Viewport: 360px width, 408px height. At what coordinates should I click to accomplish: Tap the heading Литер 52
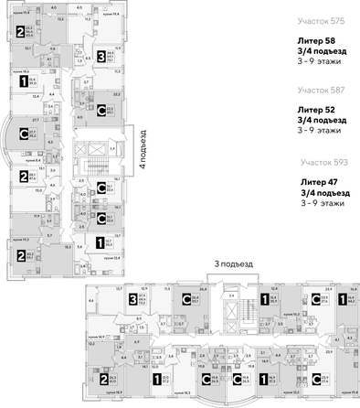click(x=316, y=110)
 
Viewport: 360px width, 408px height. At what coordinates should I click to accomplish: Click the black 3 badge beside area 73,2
click(x=133, y=299)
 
